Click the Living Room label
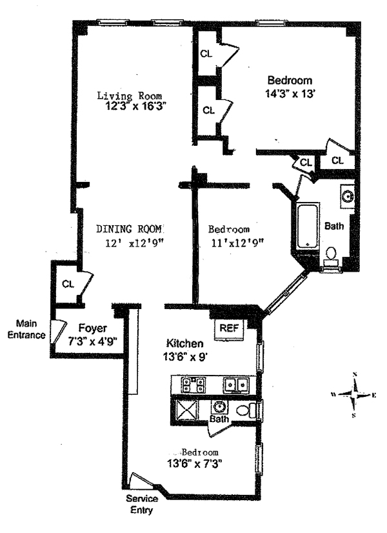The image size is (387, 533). [129, 96]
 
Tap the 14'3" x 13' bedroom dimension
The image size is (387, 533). [290, 93]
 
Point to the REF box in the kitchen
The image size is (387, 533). [229, 328]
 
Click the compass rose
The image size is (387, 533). [354, 394]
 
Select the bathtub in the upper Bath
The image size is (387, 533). [307, 226]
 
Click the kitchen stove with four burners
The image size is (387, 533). [195, 385]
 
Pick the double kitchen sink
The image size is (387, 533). [236, 385]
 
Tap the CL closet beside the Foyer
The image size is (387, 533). [68, 283]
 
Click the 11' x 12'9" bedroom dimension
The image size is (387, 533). [236, 243]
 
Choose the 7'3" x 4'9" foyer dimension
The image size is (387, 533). [93, 340]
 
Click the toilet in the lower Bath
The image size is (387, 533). [246, 409]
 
